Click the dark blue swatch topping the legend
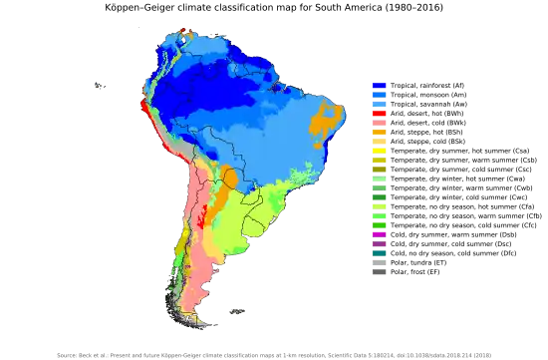coord(379,86)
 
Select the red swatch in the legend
coord(379,116)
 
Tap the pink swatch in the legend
coord(379,124)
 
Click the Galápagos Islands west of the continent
coord(100,85)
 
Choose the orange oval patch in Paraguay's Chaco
coord(231,180)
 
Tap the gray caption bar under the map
coord(274,354)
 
